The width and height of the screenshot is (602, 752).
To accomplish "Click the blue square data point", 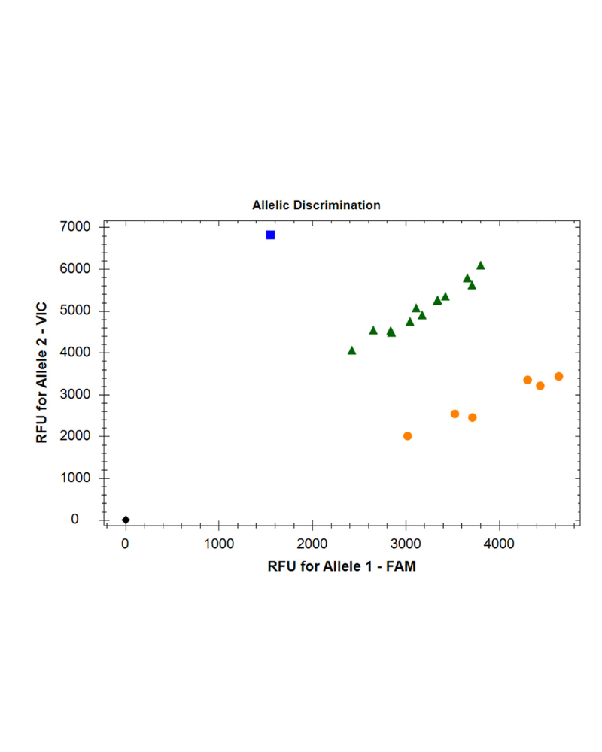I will pyautogui.click(x=270, y=235).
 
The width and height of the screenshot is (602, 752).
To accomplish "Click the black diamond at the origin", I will pyautogui.click(x=126, y=520).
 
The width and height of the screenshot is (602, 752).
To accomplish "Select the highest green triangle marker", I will pyautogui.click(x=480, y=265).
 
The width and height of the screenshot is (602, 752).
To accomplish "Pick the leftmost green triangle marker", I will pyautogui.click(x=351, y=350).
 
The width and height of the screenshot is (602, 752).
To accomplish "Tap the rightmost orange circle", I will pyautogui.click(x=558, y=376).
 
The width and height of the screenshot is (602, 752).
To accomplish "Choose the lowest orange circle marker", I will pyautogui.click(x=407, y=436).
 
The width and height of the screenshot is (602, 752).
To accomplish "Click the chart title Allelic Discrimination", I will pyautogui.click(x=316, y=205).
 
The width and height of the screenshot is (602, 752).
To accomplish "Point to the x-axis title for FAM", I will pyautogui.click(x=342, y=567).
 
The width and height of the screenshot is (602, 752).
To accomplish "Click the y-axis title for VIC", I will pyautogui.click(x=42, y=373).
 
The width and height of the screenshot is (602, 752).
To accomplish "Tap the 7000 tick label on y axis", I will pyautogui.click(x=74, y=227).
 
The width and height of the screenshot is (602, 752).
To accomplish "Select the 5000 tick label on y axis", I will pyautogui.click(x=74, y=311).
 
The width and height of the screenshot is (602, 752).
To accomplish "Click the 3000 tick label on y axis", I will pyautogui.click(x=74, y=394).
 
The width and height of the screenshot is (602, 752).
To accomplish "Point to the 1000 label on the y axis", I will pyautogui.click(x=74, y=478).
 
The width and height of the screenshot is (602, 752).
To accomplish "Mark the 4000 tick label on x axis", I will pyautogui.click(x=499, y=544).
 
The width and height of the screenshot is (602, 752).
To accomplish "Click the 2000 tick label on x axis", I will pyautogui.click(x=312, y=544).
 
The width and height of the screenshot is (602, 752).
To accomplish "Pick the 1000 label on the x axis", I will pyautogui.click(x=219, y=544).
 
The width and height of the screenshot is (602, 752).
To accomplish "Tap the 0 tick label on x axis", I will pyautogui.click(x=126, y=544).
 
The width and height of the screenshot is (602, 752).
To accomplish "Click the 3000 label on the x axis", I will pyautogui.click(x=406, y=544).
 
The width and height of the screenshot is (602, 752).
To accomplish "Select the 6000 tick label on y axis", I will pyautogui.click(x=74, y=269).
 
